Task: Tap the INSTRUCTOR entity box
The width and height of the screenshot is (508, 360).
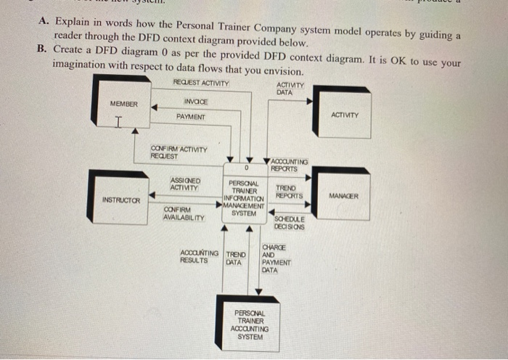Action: [x=119, y=197]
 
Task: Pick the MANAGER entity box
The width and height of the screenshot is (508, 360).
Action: [x=343, y=197]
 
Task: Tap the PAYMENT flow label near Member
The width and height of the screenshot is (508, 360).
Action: [x=190, y=117]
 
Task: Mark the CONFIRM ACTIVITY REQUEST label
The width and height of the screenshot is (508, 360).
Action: [x=179, y=152]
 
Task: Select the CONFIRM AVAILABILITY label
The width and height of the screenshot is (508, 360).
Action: [x=184, y=213]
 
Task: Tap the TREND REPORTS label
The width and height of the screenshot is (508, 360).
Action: [x=289, y=191]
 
